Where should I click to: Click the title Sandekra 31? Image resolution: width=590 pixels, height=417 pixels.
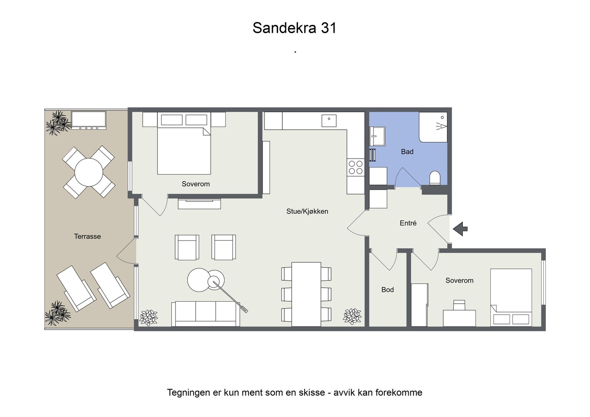point(294,28)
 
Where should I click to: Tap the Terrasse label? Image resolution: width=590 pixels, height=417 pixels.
point(87,236)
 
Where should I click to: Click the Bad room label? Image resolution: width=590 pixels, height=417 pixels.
point(407,152)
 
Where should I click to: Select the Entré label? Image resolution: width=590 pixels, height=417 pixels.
point(408,223)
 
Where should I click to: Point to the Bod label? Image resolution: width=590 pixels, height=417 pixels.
point(387,290)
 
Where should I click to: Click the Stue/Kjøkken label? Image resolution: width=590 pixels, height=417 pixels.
point(307,211)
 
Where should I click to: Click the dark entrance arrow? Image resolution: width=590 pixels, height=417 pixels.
point(460,229)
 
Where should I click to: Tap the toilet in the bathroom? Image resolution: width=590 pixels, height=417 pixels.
point(435,178)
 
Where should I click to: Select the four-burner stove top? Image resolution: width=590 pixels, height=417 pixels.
point(355,167)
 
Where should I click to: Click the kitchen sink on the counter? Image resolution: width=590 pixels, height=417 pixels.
point(329,121)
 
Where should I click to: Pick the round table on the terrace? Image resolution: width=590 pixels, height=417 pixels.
point(88,172)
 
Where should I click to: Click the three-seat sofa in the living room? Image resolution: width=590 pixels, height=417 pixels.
point(205,313)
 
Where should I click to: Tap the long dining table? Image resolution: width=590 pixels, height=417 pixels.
point(306,294)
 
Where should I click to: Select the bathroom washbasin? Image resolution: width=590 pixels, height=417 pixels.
point(377,136)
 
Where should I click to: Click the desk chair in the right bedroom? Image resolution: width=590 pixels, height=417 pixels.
point(459,305)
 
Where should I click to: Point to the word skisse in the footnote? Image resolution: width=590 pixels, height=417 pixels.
point(312,393)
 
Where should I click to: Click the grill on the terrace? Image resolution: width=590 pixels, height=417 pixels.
point(88,120)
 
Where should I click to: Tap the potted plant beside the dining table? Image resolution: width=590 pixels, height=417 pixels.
point(352,316)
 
